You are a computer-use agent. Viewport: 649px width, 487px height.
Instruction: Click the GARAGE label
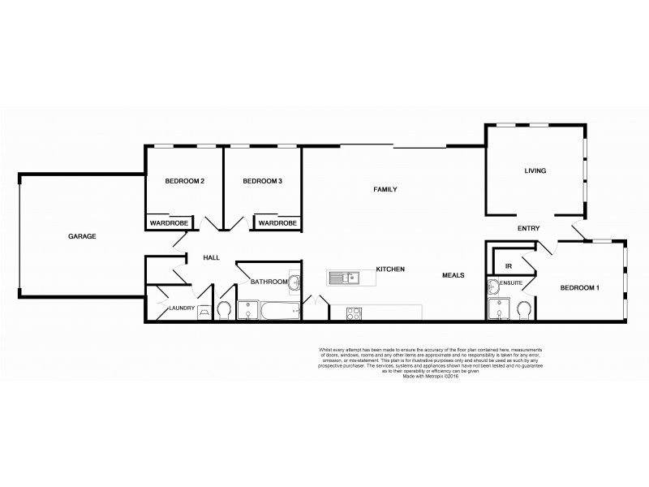(x=82, y=236)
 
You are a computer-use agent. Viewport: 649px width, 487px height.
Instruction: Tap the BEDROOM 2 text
(x=183, y=181)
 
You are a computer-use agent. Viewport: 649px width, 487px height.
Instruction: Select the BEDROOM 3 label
(x=262, y=181)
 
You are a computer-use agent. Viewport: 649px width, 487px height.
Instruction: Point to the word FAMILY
(x=385, y=189)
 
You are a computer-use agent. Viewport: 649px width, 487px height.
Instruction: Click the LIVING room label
(x=535, y=171)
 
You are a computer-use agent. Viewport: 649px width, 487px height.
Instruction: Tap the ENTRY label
(x=529, y=229)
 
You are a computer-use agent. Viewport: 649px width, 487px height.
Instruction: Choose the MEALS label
(x=453, y=275)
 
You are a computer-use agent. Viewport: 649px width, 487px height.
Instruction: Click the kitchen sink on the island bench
(x=346, y=278)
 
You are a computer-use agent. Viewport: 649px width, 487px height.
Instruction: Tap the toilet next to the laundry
(x=224, y=311)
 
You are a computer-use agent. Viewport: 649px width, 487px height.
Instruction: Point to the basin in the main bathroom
(x=295, y=283)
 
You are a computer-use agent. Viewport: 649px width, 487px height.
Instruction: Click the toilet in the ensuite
(x=524, y=310)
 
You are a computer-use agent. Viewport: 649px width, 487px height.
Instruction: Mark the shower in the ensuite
(x=497, y=311)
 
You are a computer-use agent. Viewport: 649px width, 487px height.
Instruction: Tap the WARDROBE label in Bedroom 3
(x=277, y=223)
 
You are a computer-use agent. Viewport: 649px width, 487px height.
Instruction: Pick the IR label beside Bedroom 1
(x=508, y=265)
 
